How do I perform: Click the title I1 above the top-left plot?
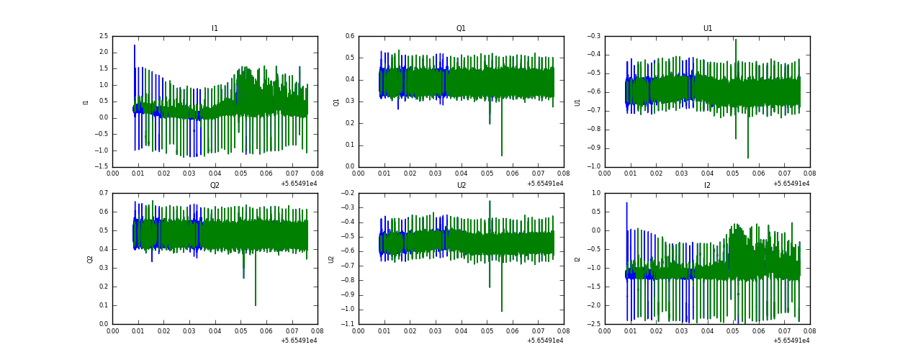point(215,29)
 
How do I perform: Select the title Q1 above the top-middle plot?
point(461,29)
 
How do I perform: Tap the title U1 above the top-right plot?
point(708,29)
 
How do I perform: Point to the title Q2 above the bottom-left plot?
point(215,186)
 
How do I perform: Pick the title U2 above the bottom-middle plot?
point(461,186)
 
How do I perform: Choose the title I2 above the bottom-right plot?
point(708,186)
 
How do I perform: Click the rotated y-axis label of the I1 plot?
point(86,102)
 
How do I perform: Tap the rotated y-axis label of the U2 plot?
point(332,258)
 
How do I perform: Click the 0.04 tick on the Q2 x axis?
point(215,331)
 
